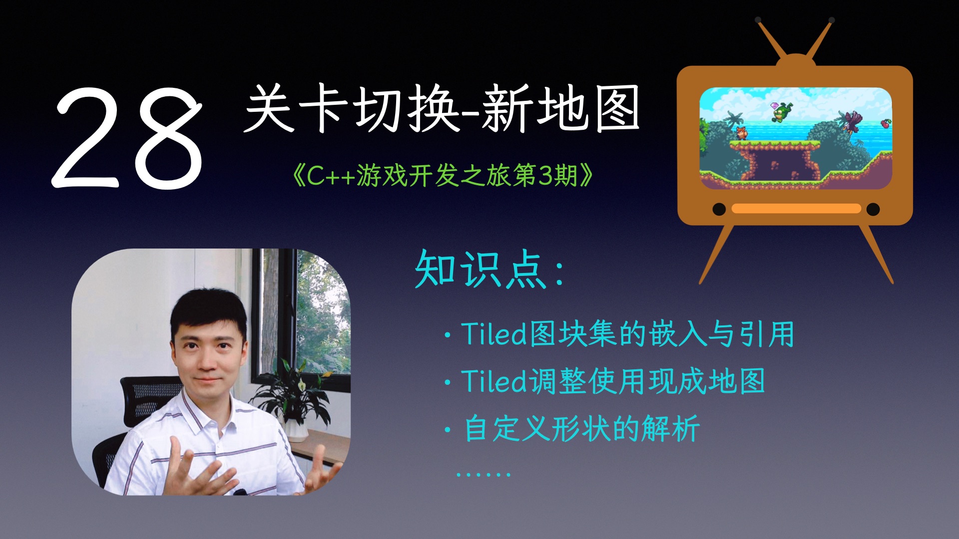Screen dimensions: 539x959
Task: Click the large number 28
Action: (x=127, y=137)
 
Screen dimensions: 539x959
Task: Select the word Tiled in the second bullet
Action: (x=493, y=381)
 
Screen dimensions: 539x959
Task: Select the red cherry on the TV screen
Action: (x=886, y=123)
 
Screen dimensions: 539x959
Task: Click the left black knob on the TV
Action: (x=719, y=209)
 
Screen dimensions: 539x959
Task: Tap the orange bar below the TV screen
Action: (x=796, y=209)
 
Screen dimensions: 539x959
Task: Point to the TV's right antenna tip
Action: (x=831, y=21)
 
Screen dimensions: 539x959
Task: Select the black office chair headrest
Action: (x=150, y=394)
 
